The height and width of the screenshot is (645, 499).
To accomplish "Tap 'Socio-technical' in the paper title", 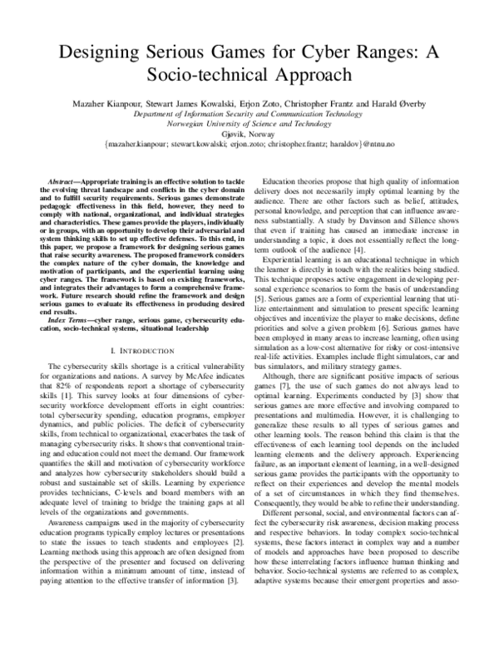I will pos(193,74).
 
